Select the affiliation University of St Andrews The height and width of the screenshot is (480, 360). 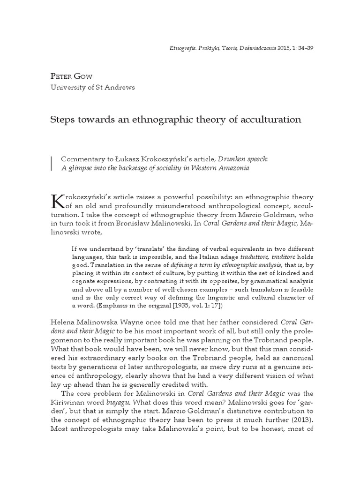pyautogui.click(x=92, y=87)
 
